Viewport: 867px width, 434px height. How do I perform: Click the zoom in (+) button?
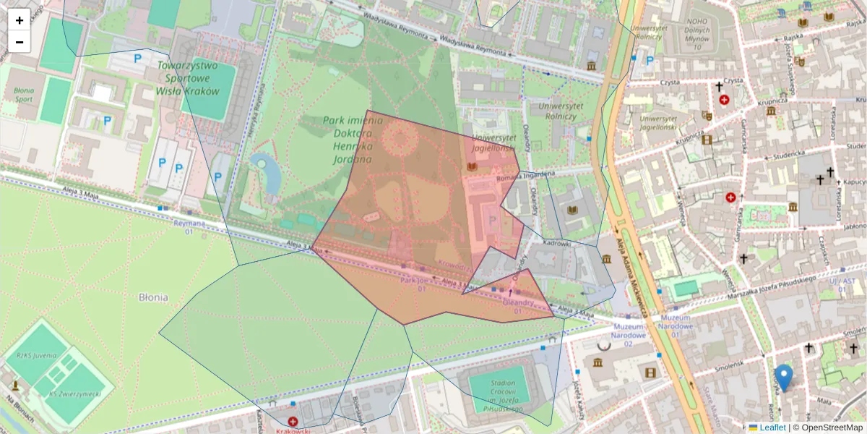(20, 20)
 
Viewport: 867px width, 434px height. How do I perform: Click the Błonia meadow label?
(153, 297)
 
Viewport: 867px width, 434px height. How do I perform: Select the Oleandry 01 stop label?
(517, 307)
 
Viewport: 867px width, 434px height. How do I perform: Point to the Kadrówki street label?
(556, 244)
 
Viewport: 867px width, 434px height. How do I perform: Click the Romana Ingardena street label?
(525, 175)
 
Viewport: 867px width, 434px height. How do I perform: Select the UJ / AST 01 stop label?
(842, 284)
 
